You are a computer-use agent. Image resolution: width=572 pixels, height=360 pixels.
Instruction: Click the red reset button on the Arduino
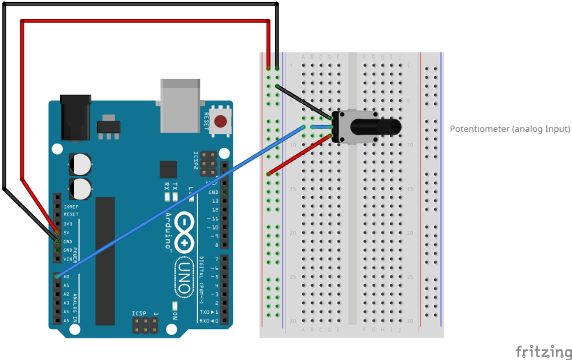[221, 122]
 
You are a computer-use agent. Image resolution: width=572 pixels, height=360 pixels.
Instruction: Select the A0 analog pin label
[66, 277]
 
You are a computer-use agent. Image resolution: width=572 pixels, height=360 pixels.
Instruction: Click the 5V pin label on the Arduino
[66, 232]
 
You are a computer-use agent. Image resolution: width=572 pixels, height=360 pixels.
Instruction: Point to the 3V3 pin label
[67, 224]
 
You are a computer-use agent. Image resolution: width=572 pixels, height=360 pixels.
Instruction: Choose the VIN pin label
[67, 259]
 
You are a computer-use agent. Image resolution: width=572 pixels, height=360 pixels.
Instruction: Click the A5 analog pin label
[66, 320]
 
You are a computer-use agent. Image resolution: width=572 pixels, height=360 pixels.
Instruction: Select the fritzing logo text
[543, 351]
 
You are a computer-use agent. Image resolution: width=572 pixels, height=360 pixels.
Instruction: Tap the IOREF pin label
[70, 207]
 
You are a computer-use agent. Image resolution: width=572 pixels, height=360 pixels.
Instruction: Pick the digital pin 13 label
[215, 200]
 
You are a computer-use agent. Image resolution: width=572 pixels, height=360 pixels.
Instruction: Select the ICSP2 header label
[196, 163]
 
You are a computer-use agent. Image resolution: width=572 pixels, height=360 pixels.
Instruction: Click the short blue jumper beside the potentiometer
[320, 127]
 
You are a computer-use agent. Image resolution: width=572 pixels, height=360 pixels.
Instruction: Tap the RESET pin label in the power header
[70, 215]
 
